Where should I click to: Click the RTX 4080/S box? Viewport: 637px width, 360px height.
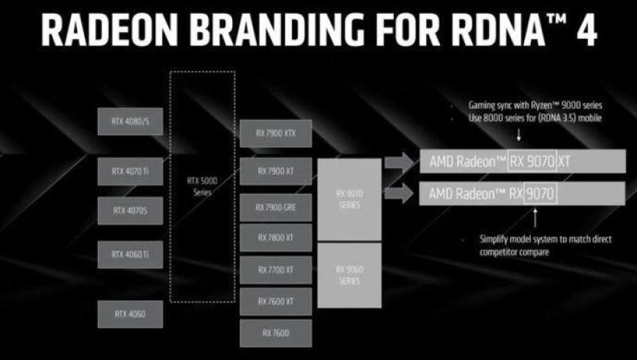[x=130, y=121]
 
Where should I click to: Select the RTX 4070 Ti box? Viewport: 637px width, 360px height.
[x=130, y=171]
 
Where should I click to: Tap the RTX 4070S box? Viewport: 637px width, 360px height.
[x=130, y=211]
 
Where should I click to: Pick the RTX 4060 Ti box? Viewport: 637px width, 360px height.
[x=130, y=255]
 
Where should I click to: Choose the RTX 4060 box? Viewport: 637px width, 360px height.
[x=130, y=314]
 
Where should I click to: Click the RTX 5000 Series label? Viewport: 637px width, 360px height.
[x=202, y=187]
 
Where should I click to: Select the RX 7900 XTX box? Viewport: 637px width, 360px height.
[x=276, y=133]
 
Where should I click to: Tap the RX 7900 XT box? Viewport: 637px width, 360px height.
[x=276, y=171]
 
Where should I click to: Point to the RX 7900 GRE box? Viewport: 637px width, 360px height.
[x=276, y=207]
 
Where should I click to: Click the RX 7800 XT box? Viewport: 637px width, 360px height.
[x=276, y=237]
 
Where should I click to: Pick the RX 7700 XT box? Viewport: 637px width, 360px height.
[x=276, y=269]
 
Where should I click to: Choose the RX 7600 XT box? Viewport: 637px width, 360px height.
[x=276, y=301]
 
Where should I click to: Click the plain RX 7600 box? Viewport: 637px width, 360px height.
[x=276, y=333]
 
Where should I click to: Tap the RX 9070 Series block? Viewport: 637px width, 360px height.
[x=349, y=199]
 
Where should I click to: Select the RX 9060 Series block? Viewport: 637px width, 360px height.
[x=349, y=275]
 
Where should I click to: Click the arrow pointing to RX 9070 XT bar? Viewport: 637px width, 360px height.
[x=399, y=162]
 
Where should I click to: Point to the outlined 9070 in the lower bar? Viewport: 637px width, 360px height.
[x=540, y=194]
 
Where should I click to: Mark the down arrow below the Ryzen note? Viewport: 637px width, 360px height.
[x=519, y=135]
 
